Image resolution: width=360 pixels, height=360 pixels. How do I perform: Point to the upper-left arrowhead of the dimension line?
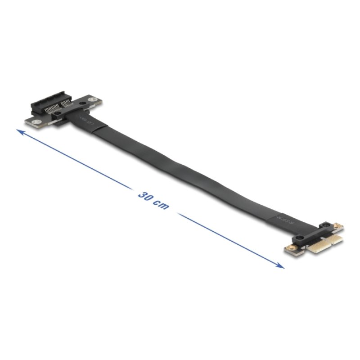coord(19,131)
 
